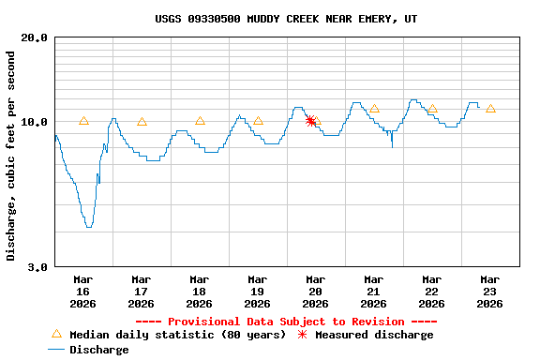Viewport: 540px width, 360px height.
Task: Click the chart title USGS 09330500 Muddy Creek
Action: tap(286, 19)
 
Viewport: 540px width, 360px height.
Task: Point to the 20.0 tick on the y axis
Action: tap(35, 38)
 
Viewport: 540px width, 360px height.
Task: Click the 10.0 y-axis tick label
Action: tap(35, 122)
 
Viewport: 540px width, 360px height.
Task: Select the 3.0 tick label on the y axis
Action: tap(38, 267)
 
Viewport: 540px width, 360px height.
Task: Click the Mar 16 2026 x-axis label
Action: tap(82, 291)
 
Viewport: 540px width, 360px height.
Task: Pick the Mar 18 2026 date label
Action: tap(199, 291)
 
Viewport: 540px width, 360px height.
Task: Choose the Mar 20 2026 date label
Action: tap(315, 291)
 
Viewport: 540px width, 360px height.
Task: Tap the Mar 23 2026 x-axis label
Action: tap(489, 291)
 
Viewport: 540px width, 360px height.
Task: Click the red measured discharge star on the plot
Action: tap(310, 121)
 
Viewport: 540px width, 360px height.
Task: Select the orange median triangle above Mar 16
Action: tap(83, 121)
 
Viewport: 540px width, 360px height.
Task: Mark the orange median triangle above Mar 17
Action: tap(142, 121)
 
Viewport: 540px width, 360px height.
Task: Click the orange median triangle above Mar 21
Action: tap(374, 109)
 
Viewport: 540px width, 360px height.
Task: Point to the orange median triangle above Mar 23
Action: tap(490, 109)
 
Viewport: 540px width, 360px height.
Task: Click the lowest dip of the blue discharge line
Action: tap(88, 226)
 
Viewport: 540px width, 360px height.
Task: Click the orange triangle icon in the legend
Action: tap(56, 334)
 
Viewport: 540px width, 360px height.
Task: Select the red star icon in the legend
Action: tap(302, 335)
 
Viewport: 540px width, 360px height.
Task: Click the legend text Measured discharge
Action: tap(374, 335)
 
